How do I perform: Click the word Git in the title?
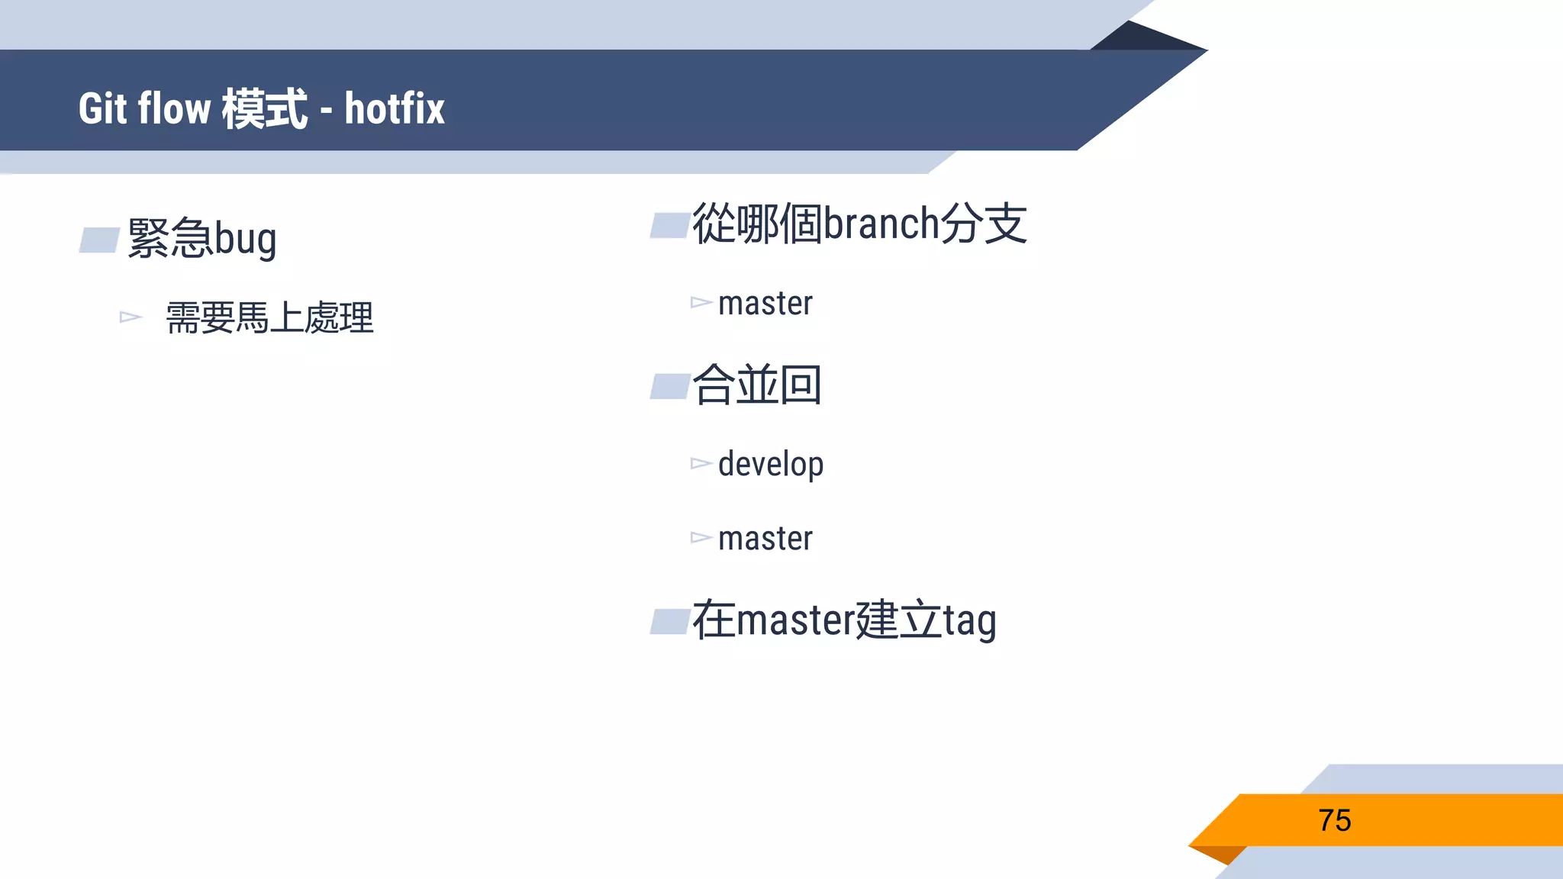pyautogui.click(x=102, y=108)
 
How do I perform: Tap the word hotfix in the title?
pyautogui.click(x=394, y=108)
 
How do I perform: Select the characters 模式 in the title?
pyautogui.click(x=264, y=108)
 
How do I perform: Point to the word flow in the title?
pyautogui.click(x=174, y=108)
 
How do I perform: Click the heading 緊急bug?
pyautogui.click(x=201, y=238)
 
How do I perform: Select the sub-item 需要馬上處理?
pyautogui.click(x=269, y=317)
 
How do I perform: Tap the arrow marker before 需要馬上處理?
pyautogui.click(x=131, y=317)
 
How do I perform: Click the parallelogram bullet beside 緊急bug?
pyautogui.click(x=99, y=240)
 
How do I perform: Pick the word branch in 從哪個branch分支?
pyautogui.click(x=881, y=224)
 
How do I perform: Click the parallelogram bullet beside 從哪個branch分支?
pyautogui.click(x=670, y=226)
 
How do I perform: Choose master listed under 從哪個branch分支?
pyautogui.click(x=765, y=304)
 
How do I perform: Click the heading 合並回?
pyautogui.click(x=756, y=385)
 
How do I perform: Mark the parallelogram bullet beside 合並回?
pyautogui.click(x=670, y=386)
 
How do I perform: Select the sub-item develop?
pyautogui.click(x=771, y=464)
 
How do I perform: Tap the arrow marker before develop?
pyautogui.click(x=701, y=463)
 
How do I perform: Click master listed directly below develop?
pyautogui.click(x=765, y=539)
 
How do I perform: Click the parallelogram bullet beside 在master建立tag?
pyautogui.click(x=670, y=621)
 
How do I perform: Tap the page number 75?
pyautogui.click(x=1334, y=820)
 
